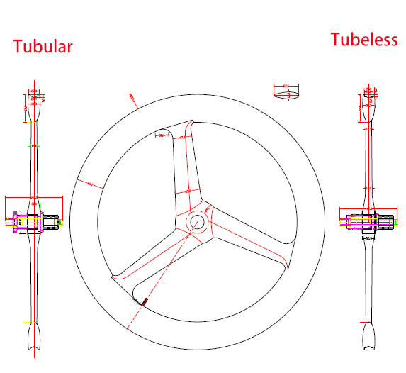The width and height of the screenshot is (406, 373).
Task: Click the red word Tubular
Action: coord(43,47)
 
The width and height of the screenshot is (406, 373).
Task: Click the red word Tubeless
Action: coord(363,40)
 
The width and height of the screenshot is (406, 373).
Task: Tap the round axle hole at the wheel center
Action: coord(197,221)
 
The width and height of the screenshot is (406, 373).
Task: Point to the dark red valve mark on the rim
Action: coord(143,301)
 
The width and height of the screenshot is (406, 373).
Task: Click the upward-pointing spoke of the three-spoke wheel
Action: coord(185,167)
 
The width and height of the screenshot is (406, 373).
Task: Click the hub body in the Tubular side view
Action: coord(32,221)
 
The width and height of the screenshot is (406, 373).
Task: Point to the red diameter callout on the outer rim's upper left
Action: coord(132,97)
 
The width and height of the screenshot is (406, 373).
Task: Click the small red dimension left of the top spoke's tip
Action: coord(162,135)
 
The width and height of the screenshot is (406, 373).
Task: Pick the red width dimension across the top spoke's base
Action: coord(188,191)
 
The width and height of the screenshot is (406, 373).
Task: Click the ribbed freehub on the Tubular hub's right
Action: coord(51,222)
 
